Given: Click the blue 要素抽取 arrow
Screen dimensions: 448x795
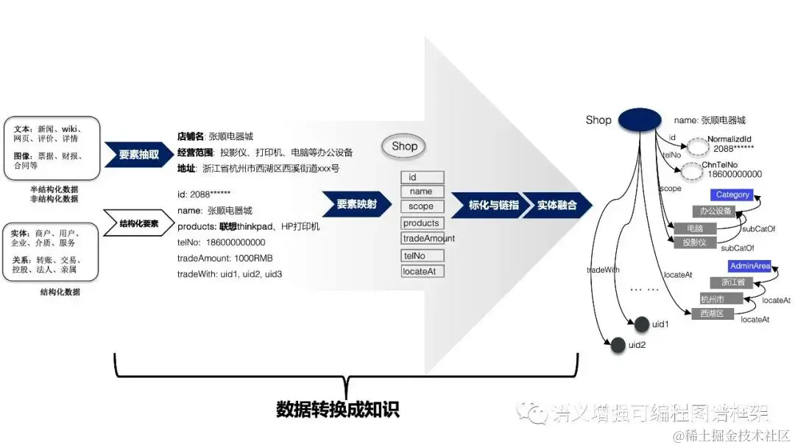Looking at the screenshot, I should click(138, 155).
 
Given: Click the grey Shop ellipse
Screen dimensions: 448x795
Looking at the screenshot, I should click(404, 146).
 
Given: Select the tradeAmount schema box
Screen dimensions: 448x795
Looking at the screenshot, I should click(428, 239).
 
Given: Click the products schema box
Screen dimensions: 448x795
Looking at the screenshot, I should click(422, 223).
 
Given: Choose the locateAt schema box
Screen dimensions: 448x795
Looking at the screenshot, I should click(422, 272).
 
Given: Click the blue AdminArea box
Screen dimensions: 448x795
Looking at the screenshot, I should click(749, 266).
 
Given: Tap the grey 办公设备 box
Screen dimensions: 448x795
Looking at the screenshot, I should click(715, 211).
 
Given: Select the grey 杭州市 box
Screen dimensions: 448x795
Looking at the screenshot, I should click(712, 298).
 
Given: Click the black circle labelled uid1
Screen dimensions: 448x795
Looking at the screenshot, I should click(641, 324).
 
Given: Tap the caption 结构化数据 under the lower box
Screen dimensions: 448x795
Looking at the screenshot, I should click(60, 292).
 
